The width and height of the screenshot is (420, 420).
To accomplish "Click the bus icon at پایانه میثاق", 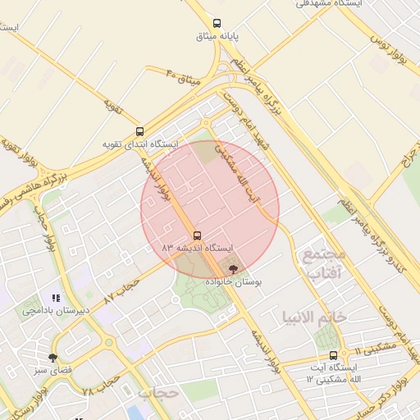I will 217,23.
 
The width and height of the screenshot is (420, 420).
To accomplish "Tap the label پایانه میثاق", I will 217,36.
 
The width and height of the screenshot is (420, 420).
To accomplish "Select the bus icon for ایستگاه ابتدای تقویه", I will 139,131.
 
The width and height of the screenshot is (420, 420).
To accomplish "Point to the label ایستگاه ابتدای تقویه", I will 139,144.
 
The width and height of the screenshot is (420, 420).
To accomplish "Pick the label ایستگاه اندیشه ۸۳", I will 197,247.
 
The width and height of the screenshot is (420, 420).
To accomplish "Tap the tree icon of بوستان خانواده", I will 233,269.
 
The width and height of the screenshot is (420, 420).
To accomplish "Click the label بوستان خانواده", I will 233,281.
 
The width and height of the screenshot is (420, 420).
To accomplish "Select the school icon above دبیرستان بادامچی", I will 56,299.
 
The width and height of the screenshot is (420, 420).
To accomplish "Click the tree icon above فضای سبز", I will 53,358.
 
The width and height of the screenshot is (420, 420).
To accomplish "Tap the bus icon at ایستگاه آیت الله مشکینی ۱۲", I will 333,355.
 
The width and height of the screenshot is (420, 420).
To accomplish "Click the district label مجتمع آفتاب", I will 324,263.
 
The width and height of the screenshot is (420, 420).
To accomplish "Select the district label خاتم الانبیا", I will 315,317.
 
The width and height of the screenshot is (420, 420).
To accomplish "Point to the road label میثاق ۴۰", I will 184,79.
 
